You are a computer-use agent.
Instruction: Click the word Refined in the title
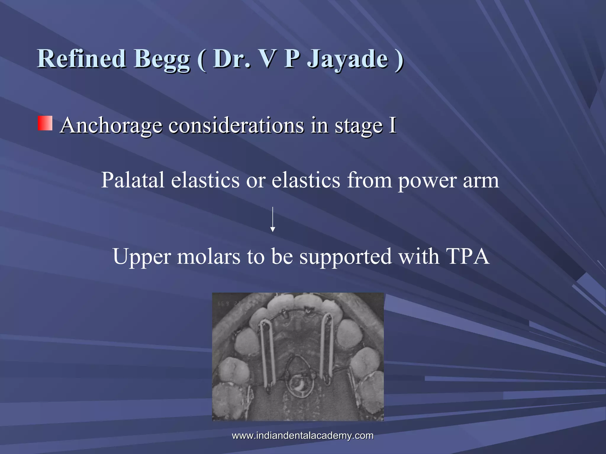(x=81, y=59)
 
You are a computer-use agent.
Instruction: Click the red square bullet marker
(x=45, y=123)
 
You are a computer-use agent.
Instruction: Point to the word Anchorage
(x=111, y=125)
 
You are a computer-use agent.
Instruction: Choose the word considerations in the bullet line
(x=236, y=125)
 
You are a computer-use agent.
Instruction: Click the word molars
(x=209, y=256)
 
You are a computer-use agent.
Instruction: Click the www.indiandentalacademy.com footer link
(x=302, y=435)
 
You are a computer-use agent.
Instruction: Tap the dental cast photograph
(x=298, y=356)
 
